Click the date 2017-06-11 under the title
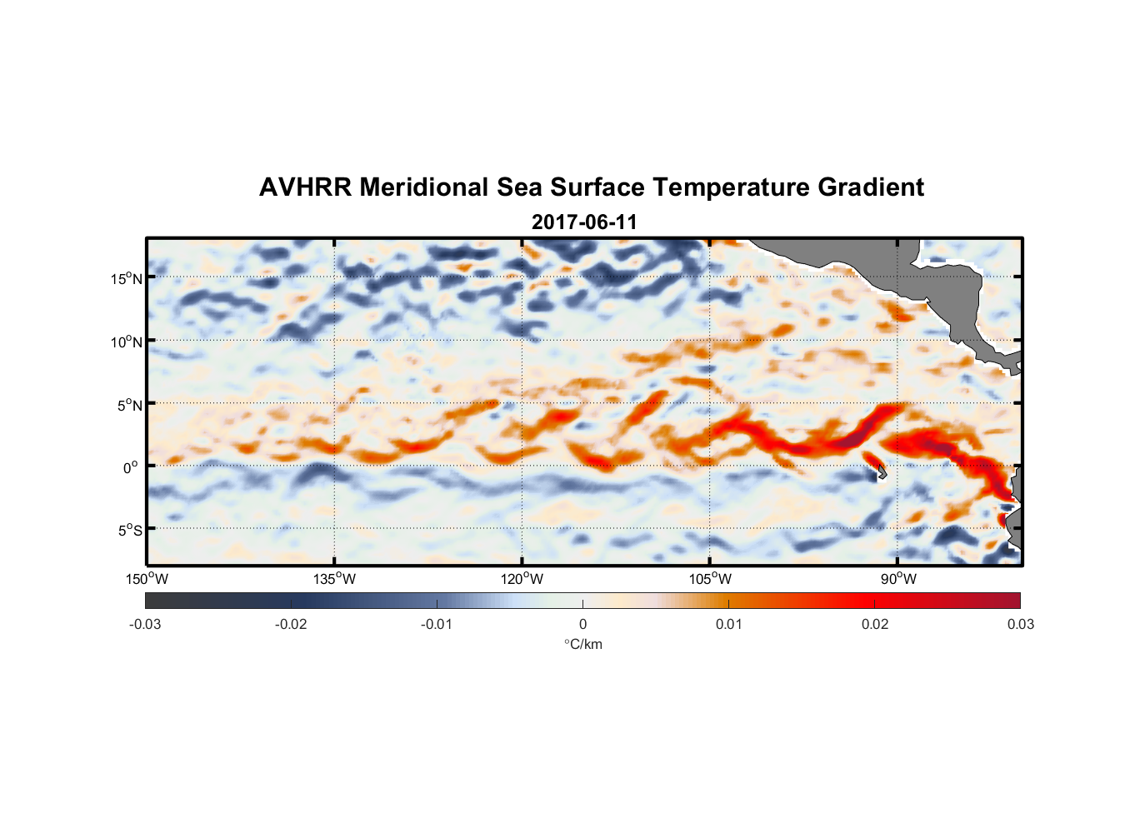[x=584, y=222]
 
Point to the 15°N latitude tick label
[x=127, y=278]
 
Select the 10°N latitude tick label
[x=127, y=342]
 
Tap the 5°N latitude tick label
[x=130, y=405]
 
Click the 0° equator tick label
[x=132, y=468]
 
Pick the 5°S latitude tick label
[x=130, y=531]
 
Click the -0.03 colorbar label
[x=145, y=624]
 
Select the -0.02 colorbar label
[x=291, y=624]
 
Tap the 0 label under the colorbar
[x=582, y=624]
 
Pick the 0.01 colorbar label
[x=728, y=624]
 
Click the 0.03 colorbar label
[x=1020, y=624]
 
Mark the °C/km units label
[x=583, y=644]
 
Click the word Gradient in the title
[x=870, y=187]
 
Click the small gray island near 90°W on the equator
[x=880, y=472]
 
